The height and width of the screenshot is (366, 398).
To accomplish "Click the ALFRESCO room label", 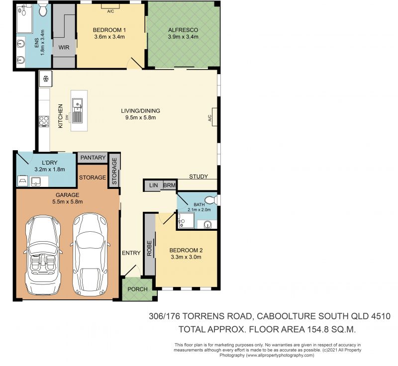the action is point(183,30).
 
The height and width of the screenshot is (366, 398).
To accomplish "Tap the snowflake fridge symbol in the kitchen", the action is point(46,79).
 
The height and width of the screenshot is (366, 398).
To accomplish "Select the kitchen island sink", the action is point(77,110).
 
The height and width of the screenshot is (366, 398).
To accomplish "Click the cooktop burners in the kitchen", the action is point(44,121).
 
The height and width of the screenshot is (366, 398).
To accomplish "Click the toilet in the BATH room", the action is point(210,200).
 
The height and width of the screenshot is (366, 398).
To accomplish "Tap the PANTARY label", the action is point(93,158).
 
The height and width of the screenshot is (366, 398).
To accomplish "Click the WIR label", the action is point(64,47).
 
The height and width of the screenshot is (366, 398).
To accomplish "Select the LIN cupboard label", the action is point(154,185).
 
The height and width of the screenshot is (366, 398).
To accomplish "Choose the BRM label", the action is point(169,185).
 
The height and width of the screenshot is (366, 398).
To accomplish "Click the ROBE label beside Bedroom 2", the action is point(149,248).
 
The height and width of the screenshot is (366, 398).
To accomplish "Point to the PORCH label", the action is point(138,289).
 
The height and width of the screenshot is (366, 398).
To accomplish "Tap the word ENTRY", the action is point(131,253).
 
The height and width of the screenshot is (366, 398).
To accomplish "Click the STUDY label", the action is point(199,177).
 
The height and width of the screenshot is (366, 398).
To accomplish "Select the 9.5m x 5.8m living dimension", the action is point(141,117).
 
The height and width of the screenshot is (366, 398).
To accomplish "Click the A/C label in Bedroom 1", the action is point(110,11).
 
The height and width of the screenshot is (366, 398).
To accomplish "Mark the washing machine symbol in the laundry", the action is point(22,181).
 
